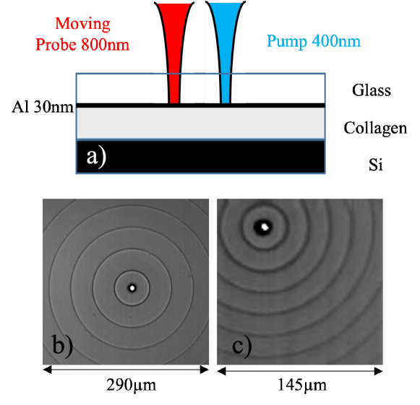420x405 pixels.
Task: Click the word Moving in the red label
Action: tap(84, 24)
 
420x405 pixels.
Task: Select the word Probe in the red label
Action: tap(56, 44)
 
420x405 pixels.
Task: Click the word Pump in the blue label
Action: tap(287, 41)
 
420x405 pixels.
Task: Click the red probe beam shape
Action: tap(173, 43)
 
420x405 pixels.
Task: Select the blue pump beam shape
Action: tap(226, 43)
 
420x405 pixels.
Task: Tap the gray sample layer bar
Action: tap(200, 123)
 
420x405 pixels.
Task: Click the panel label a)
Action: tap(96, 156)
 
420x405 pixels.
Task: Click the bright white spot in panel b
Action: tap(132, 287)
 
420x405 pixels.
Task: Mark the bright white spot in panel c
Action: tap(265, 227)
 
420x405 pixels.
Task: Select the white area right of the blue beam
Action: tap(241, 72)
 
